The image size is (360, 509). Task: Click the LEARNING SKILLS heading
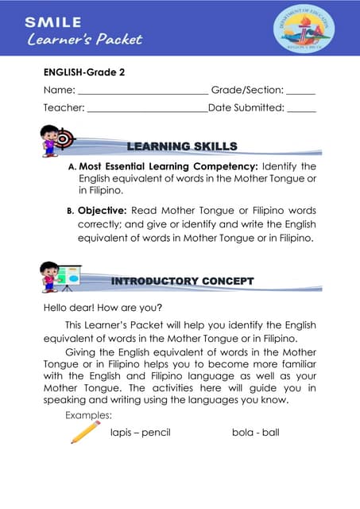tap(182, 146)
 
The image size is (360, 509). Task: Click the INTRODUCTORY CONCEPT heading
tap(182, 281)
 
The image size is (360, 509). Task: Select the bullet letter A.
tap(72, 167)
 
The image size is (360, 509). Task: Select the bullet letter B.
tap(70, 212)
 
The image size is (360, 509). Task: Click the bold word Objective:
tap(106, 211)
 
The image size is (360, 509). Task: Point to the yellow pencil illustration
tap(85, 431)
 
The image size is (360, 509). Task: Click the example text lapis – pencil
tap(141, 433)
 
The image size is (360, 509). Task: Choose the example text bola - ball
tap(255, 433)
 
